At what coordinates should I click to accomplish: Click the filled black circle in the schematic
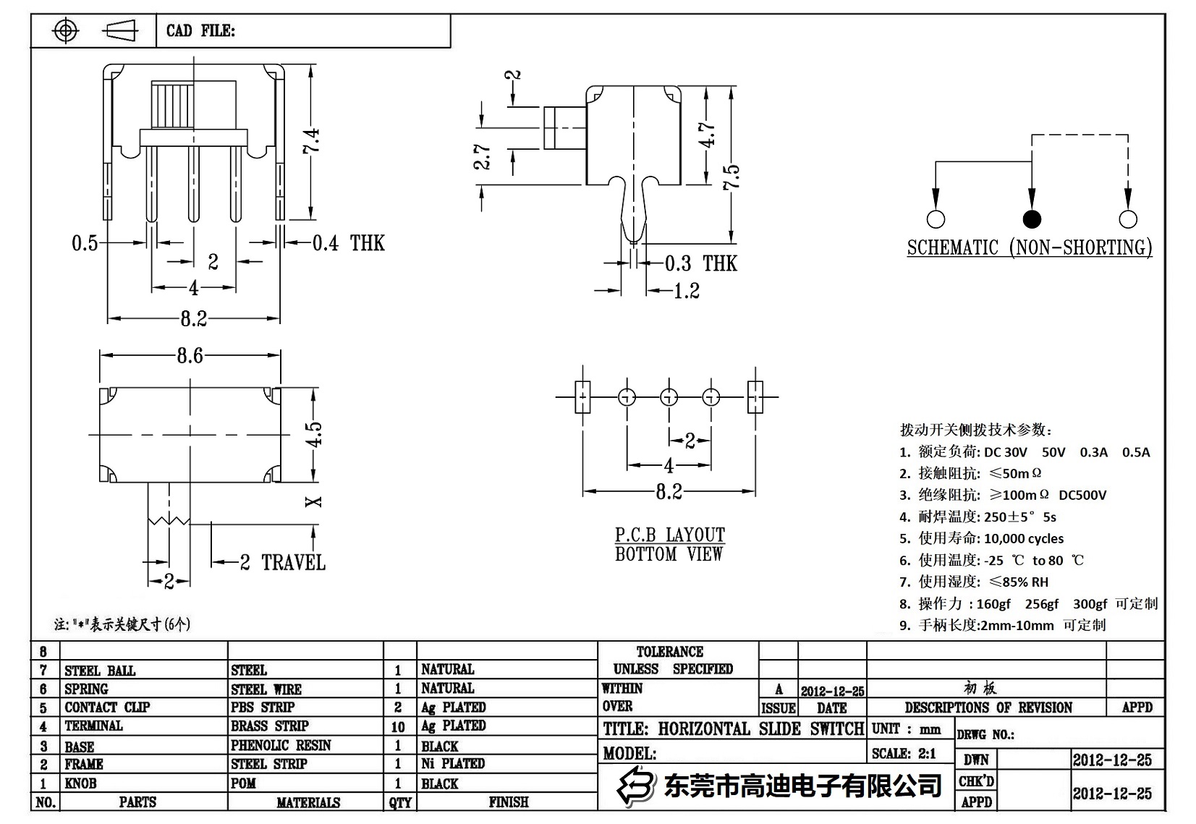(1031, 218)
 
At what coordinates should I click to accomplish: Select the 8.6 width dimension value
(190, 355)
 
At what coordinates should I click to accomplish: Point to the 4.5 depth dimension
(313, 434)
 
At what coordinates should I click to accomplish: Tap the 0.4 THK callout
(348, 243)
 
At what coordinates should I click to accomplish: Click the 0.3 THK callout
(700, 263)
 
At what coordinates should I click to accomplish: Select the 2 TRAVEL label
(283, 562)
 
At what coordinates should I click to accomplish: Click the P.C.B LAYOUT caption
(669, 535)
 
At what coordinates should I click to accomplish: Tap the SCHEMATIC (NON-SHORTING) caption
(1030, 247)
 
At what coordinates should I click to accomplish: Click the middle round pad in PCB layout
(669, 396)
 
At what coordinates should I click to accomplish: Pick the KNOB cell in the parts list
(80, 783)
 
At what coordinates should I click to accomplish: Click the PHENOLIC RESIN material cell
(281, 745)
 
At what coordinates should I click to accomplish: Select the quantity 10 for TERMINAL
(398, 726)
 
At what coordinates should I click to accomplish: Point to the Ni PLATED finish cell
(453, 763)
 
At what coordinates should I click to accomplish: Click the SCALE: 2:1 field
(904, 753)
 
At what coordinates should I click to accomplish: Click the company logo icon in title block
(635, 786)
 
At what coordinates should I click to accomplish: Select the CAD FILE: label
(200, 30)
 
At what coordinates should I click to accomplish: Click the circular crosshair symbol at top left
(66, 30)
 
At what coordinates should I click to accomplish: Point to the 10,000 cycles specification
(1024, 538)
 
